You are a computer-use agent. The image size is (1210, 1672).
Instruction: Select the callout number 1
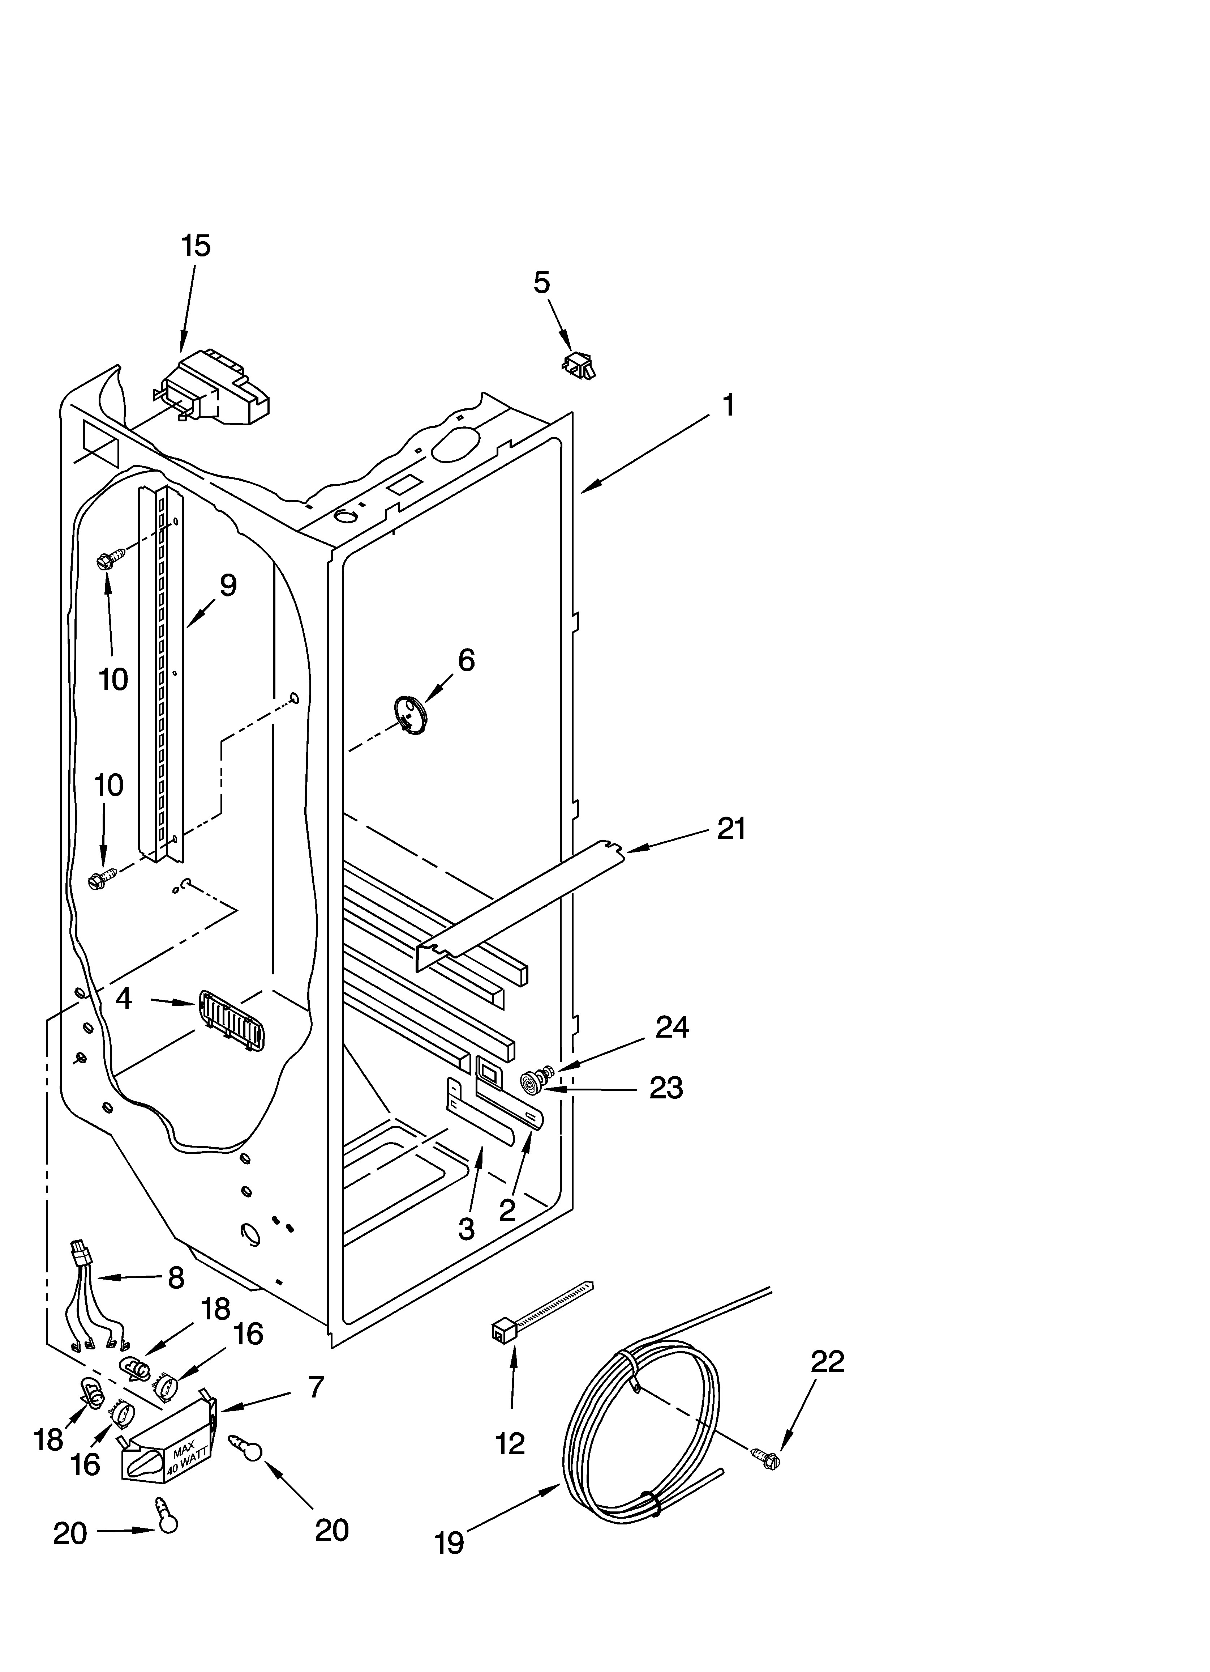pyautogui.click(x=727, y=405)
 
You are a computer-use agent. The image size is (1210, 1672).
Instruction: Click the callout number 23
pyautogui.click(x=666, y=1088)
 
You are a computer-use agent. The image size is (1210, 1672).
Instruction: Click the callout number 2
pyautogui.click(x=507, y=1211)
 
